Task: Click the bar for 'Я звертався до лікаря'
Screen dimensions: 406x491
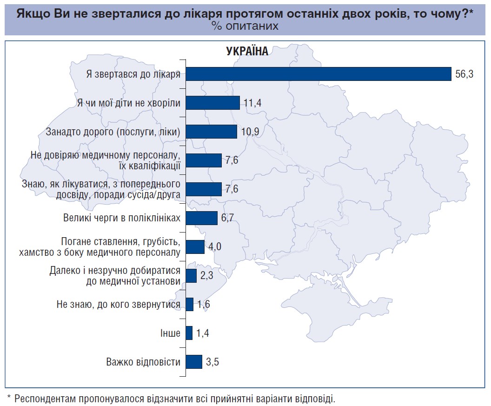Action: (318, 74)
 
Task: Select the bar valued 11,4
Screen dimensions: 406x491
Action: (212, 103)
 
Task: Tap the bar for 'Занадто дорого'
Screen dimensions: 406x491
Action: (212, 132)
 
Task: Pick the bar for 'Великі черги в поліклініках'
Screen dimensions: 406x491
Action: (202, 218)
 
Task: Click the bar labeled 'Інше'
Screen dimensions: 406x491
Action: (189, 333)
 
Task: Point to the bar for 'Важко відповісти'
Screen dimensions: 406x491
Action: (194, 362)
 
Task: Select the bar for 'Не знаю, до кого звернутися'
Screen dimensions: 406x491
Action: (190, 304)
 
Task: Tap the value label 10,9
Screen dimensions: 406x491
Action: (250, 132)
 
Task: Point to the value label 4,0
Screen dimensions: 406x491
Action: (214, 246)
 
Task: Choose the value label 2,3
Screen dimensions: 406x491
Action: (206, 275)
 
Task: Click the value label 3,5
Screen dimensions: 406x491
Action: (212, 362)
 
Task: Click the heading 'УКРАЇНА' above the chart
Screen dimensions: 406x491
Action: (247, 51)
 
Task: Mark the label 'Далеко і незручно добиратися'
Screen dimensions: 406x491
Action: (115, 270)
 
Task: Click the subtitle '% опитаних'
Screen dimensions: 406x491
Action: (245, 26)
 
